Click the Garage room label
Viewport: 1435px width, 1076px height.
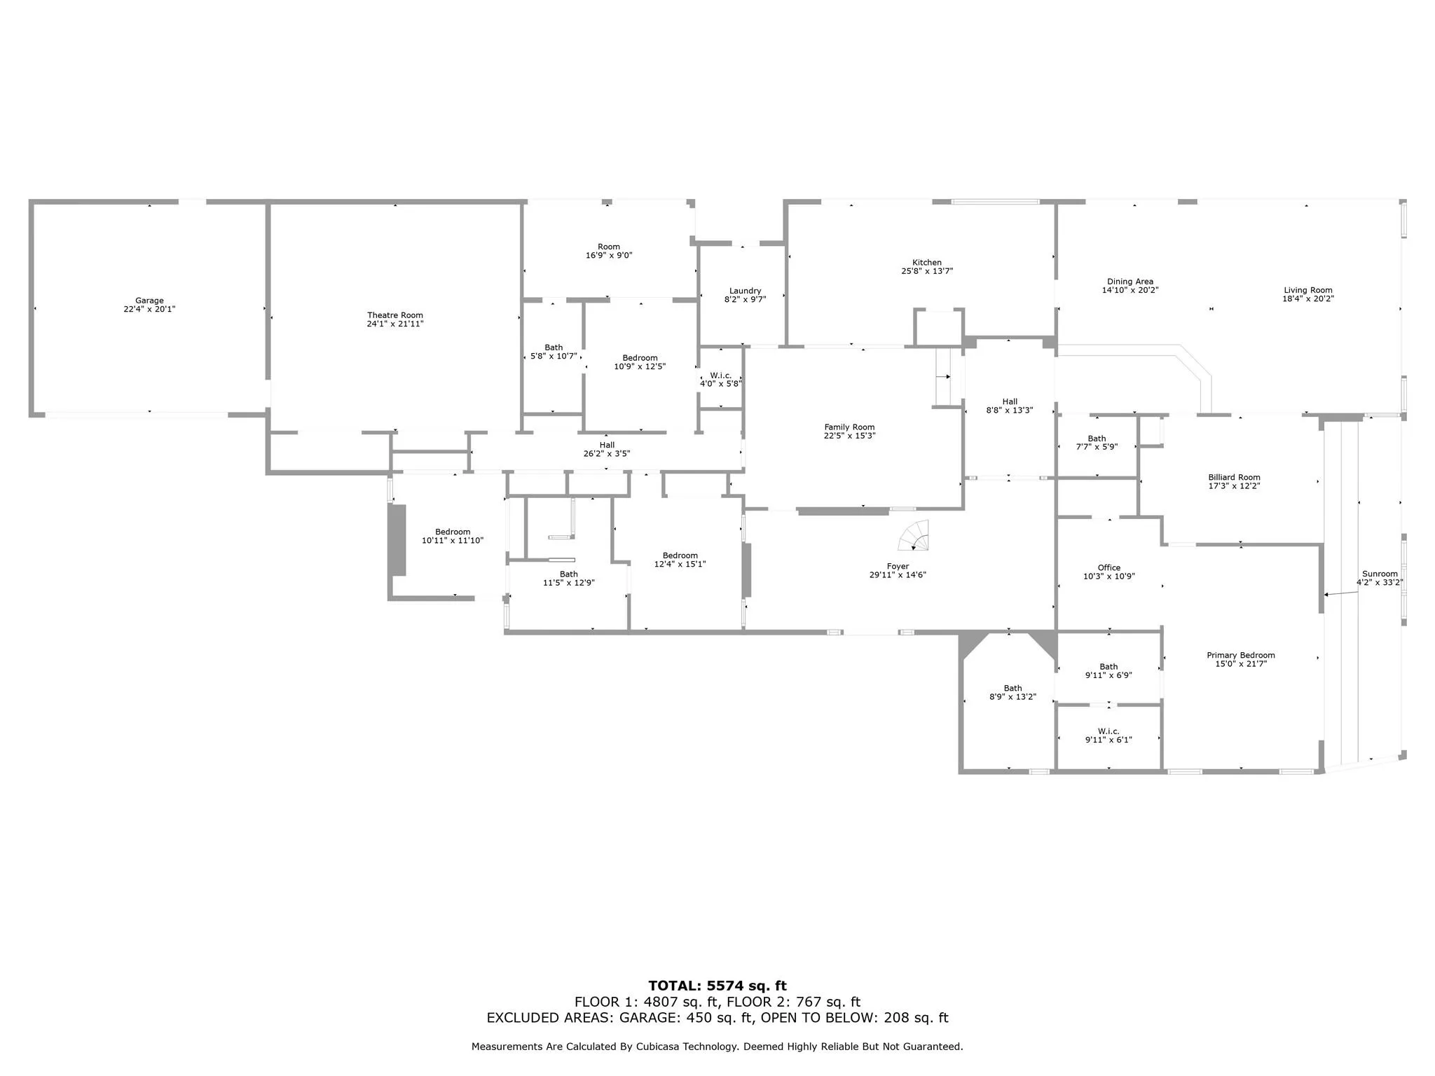pos(149,301)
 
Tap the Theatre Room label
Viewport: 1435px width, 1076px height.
pos(395,315)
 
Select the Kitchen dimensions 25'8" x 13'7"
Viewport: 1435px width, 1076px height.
pos(927,271)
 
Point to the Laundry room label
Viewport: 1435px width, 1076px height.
pos(745,291)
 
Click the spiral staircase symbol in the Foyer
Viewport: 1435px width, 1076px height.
pos(914,535)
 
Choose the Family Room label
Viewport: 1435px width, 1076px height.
pos(849,427)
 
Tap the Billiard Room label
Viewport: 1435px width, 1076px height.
pos(1234,477)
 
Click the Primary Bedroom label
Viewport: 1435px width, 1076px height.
pos(1240,655)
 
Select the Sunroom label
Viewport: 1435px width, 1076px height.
pos(1380,574)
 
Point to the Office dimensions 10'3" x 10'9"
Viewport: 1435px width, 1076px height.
pos(1108,577)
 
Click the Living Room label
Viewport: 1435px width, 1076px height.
pos(1308,290)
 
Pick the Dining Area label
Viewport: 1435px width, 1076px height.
pos(1130,282)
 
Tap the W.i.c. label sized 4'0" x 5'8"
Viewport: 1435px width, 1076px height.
pos(720,375)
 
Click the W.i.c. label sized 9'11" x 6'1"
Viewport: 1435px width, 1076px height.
pos(1108,731)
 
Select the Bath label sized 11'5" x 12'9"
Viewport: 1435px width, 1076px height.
pos(569,574)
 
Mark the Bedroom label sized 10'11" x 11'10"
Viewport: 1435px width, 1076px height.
pos(453,532)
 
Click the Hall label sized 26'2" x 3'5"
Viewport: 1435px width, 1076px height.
pos(607,445)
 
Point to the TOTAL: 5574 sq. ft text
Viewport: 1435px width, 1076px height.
pos(717,986)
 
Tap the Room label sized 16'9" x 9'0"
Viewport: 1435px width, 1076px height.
pos(609,247)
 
